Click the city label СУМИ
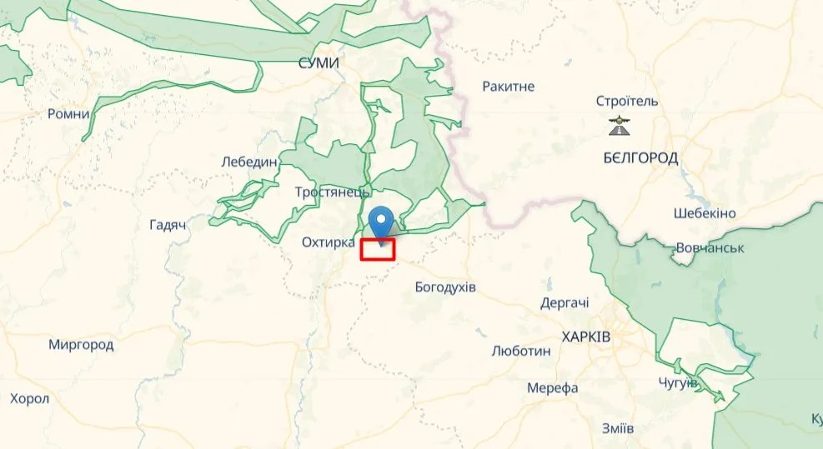[319, 63]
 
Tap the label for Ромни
[68, 113]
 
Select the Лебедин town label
[249, 162]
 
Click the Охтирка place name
[328, 242]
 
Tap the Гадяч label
[167, 225]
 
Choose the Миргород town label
[81, 344]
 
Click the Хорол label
[30, 398]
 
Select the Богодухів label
[445, 287]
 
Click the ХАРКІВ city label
[585, 337]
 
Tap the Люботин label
[522, 351]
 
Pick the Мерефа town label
[552, 388]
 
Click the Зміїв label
[617, 428]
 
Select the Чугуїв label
[676, 383]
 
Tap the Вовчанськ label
[708, 248]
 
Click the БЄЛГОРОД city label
[640, 157]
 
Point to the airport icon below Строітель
[619, 127]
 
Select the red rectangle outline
[378, 250]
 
